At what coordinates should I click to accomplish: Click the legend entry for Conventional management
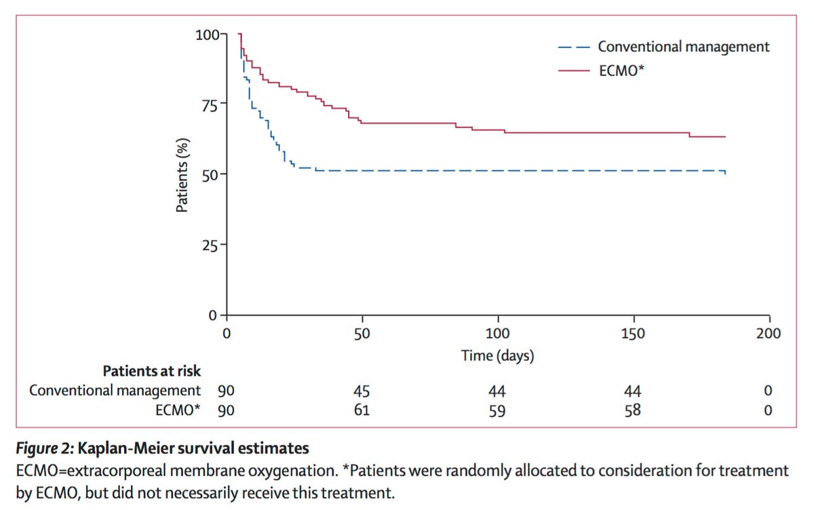point(683,47)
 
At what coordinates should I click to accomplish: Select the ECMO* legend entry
point(619,69)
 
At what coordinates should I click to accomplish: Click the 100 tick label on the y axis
point(206,33)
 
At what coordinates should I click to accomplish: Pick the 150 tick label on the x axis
point(634,334)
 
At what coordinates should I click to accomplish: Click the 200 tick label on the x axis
point(769,334)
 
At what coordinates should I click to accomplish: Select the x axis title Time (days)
point(497,355)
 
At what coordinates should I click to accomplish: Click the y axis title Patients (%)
point(182,175)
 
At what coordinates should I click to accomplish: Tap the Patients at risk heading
point(152,371)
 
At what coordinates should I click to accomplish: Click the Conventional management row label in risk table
point(115,391)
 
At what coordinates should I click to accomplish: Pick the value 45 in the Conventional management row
point(362,391)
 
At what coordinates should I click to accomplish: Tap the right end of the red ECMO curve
point(725,136)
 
